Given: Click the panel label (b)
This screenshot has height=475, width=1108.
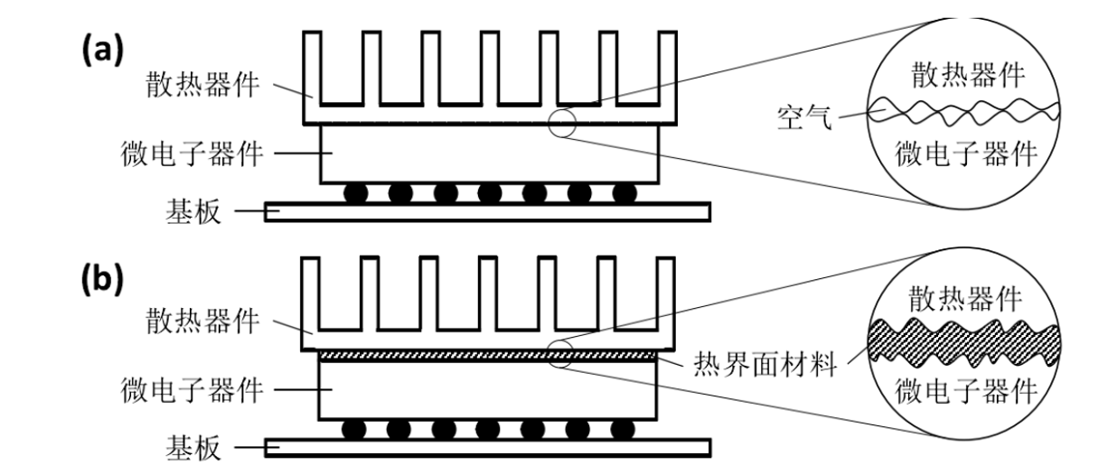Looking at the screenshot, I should coord(102,279).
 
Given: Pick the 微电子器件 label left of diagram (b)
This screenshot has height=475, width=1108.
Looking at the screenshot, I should coord(192,390).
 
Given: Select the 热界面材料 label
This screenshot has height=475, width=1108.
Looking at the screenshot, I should coord(765,365).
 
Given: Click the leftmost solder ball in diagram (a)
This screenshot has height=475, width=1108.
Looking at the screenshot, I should coord(355,193).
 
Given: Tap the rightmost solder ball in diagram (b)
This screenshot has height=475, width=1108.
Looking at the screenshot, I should coord(624,427).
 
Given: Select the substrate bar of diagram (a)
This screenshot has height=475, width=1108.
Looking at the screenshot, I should coord(487,211).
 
